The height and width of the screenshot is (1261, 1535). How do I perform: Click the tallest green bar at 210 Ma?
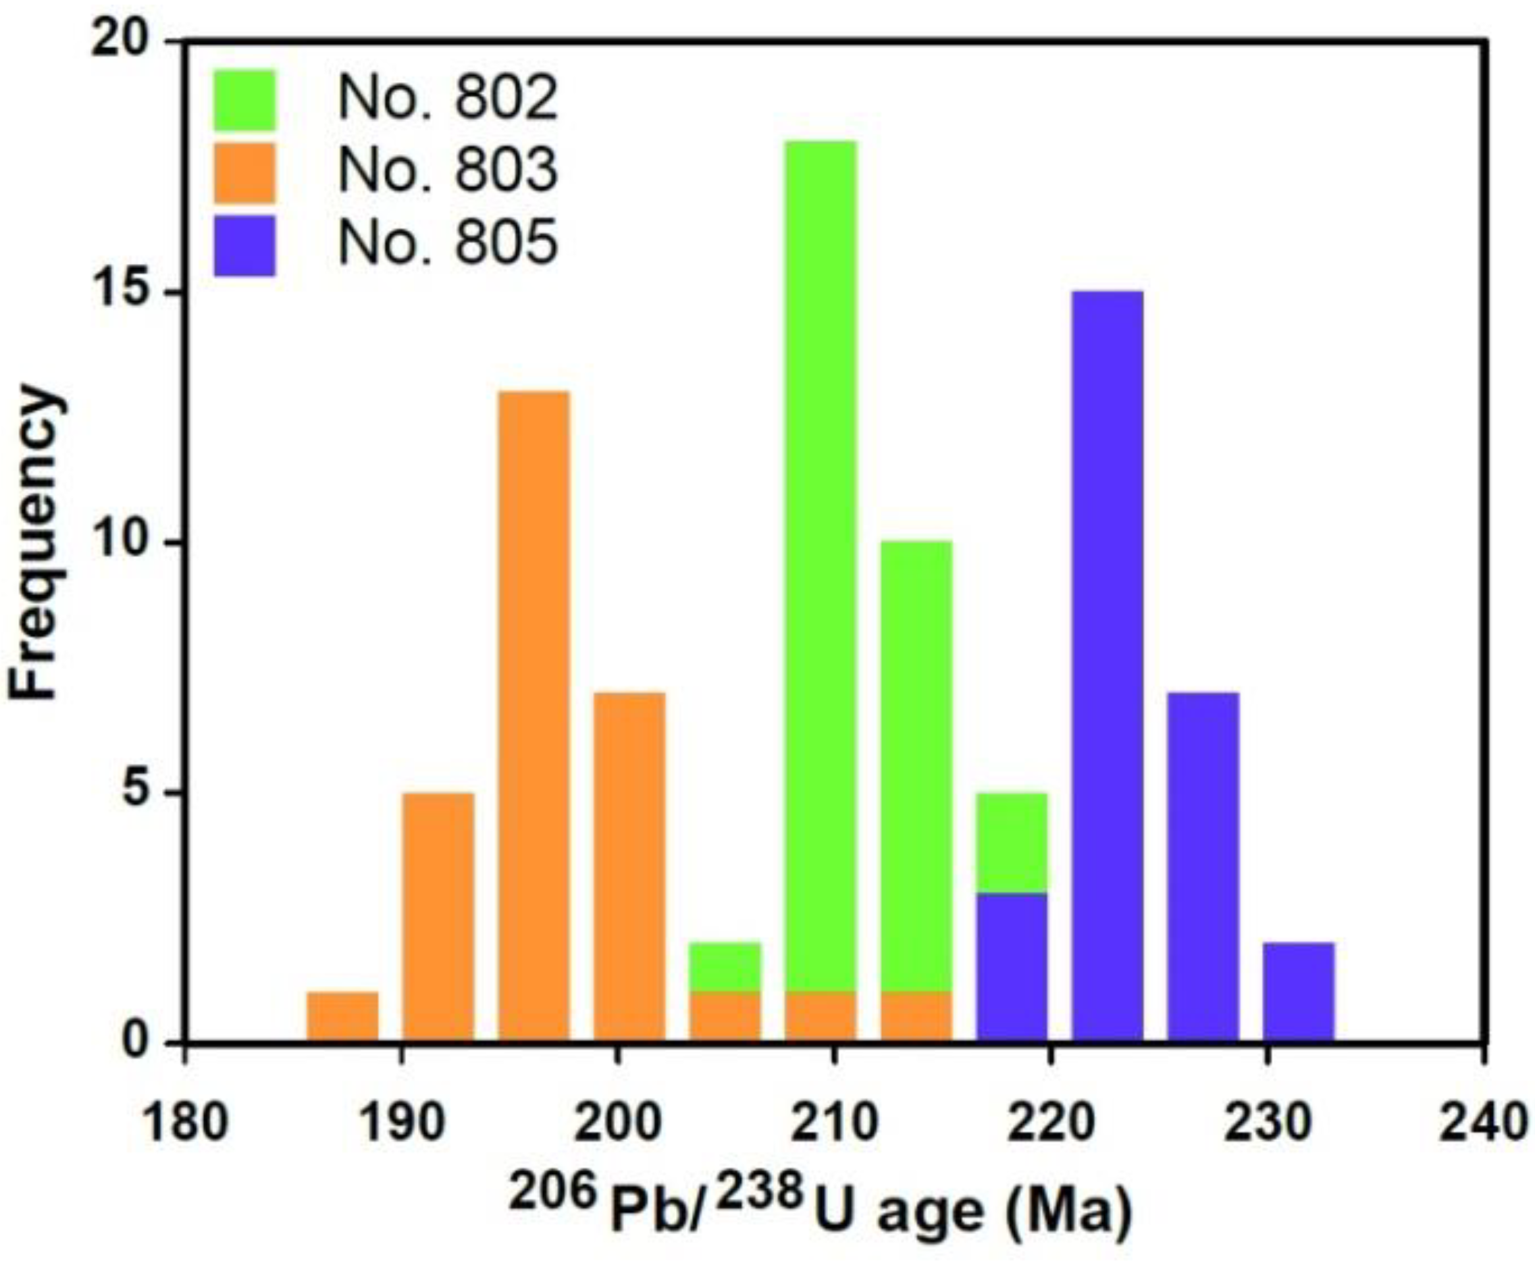click(x=820, y=567)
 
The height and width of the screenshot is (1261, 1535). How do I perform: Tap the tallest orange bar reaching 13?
click(x=534, y=715)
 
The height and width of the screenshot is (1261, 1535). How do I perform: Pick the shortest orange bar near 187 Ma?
click(x=342, y=1017)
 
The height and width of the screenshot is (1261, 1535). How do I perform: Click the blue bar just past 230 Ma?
click(x=1298, y=992)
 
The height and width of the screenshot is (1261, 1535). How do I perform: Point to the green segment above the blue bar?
click(x=1012, y=842)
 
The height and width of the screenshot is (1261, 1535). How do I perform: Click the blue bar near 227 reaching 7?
click(x=1203, y=867)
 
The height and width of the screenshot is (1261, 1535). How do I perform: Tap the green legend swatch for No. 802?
click(x=244, y=100)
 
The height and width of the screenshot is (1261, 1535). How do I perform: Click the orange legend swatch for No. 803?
click(x=244, y=173)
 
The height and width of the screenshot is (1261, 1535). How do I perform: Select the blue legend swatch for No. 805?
click(x=244, y=245)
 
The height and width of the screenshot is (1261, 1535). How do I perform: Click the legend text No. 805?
click(x=447, y=244)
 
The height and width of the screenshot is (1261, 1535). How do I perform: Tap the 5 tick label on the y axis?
click(x=142, y=794)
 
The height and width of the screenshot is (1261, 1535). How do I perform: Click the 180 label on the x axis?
click(x=184, y=1123)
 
